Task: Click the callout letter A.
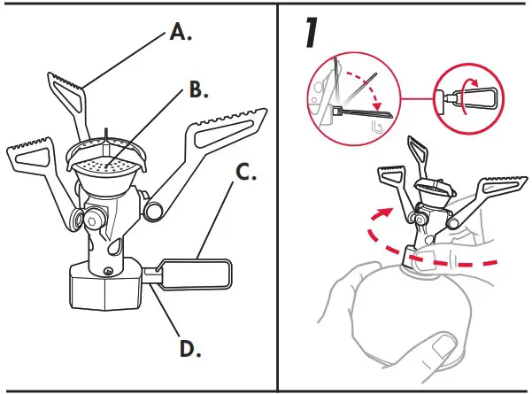(181, 34)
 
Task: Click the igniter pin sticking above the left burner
(106, 134)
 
